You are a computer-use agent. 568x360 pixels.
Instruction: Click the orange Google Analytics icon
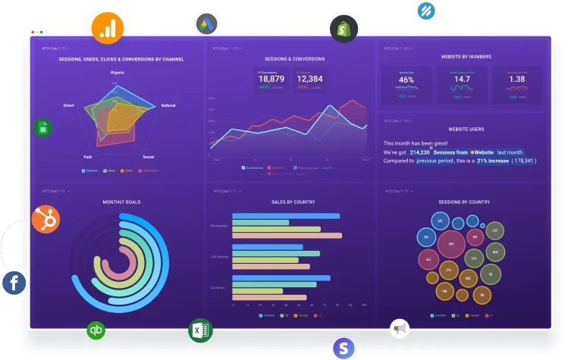107,28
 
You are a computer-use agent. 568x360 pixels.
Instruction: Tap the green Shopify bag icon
344,29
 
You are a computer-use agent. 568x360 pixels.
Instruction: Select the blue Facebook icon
14,283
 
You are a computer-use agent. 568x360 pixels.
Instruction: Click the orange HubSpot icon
46,219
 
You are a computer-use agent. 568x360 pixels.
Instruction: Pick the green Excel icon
200,330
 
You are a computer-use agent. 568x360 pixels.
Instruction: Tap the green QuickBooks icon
96,330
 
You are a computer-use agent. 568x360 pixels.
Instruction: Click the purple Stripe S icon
344,348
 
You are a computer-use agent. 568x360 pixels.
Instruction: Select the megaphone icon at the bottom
400,327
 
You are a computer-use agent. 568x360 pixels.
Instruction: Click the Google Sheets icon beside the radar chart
42,129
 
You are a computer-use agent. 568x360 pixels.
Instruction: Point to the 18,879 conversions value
271,79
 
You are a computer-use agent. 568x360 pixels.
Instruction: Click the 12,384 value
309,79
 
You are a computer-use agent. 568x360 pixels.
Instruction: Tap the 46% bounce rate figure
406,80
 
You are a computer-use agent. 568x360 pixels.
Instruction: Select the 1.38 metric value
516,79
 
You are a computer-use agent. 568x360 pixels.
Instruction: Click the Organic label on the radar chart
118,72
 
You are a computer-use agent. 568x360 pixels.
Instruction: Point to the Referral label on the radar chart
168,105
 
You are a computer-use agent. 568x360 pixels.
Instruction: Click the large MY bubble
451,244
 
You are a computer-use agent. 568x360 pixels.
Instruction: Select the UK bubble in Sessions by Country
438,221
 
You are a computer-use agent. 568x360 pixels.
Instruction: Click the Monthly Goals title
121,202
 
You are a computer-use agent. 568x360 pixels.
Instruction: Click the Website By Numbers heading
466,57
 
